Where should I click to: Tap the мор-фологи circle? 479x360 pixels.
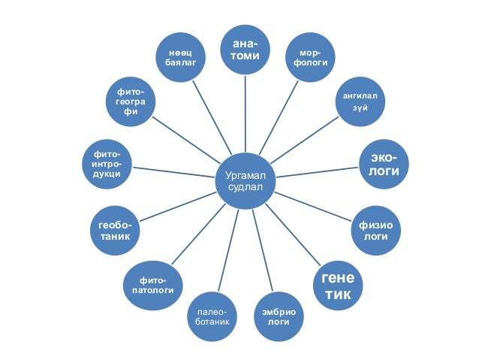point(310,59)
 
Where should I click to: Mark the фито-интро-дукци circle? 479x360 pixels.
point(104,162)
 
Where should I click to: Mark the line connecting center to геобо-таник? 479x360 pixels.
point(177,206)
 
